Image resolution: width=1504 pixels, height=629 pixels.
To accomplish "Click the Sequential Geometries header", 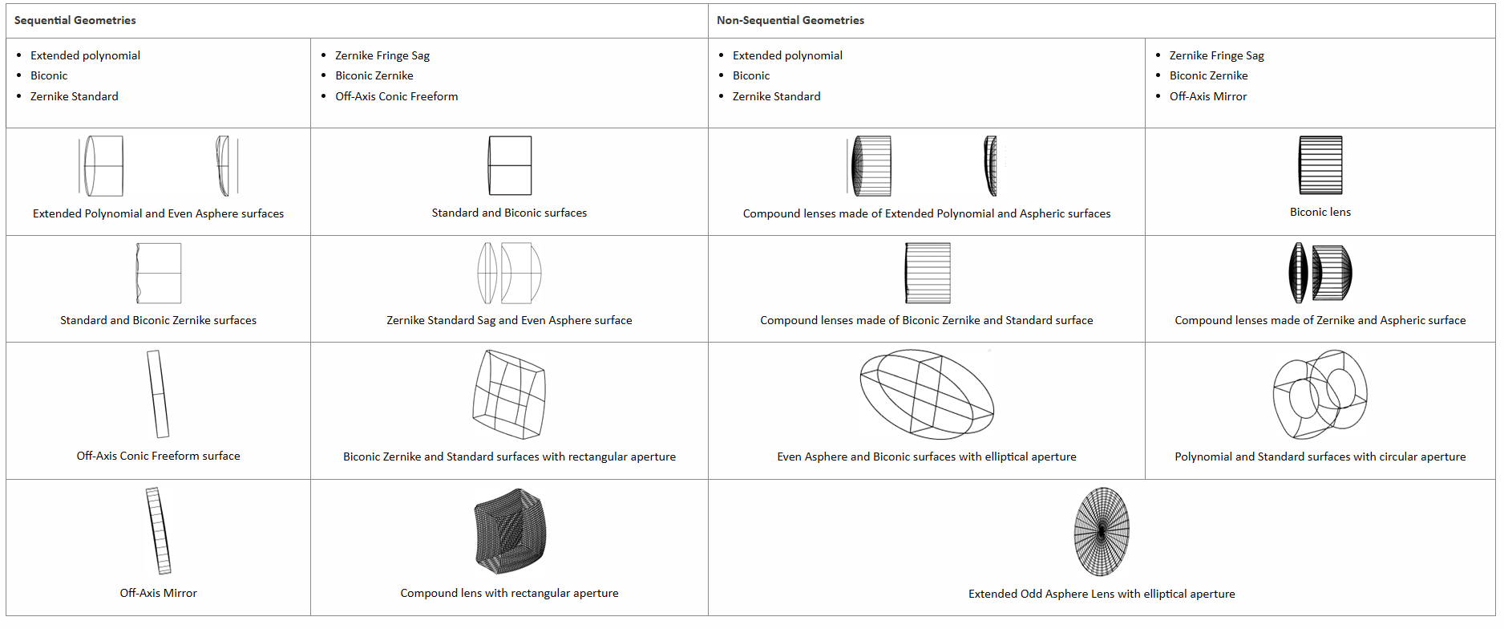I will tap(75, 20).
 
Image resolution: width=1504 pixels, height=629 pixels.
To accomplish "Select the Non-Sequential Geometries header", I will tap(790, 20).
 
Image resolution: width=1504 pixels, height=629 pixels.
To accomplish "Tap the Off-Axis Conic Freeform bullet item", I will tap(396, 96).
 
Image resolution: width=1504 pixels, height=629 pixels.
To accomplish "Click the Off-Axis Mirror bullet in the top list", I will tap(1207, 96).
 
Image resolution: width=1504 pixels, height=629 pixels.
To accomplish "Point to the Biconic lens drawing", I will tap(1320, 165).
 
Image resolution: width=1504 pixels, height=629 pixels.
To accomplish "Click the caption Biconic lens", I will tap(1320, 212).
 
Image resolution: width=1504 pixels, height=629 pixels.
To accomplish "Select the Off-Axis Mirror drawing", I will tap(159, 531).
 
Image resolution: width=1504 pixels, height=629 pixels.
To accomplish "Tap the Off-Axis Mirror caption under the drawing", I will tap(158, 593).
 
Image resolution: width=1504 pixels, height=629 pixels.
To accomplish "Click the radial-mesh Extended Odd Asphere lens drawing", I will tap(1102, 532).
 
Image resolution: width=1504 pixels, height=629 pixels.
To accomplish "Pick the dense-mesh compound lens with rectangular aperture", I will tap(510, 531).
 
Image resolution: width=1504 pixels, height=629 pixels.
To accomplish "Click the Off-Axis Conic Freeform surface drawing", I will tap(158, 394).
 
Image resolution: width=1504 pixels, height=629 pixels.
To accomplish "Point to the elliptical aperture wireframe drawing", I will tap(926, 394).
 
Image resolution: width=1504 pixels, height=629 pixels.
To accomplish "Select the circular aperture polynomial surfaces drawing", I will tap(1320, 394).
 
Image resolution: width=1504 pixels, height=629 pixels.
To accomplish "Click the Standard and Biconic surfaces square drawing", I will tap(510, 165).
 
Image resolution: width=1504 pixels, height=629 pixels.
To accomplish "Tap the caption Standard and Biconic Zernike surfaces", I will tap(158, 320).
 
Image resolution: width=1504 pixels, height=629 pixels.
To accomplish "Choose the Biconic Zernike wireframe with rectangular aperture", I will tap(509, 394).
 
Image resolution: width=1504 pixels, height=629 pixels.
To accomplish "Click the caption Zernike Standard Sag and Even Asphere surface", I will tap(509, 320).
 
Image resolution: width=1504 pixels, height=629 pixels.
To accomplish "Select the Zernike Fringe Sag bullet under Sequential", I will tap(382, 55).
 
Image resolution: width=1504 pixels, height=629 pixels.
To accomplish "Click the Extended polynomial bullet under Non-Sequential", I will tap(786, 55).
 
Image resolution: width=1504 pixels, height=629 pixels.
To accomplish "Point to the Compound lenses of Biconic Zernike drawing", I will tap(928, 273).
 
